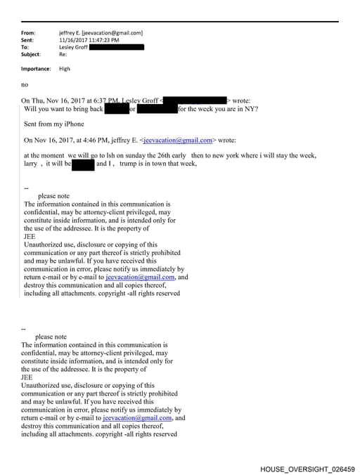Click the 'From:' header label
pyautogui.click(x=28, y=33)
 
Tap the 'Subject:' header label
pyautogui.click(x=31, y=54)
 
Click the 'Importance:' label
pyautogui.click(x=36, y=69)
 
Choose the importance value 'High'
pyautogui.click(x=65, y=69)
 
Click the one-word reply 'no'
pyautogui.click(x=25, y=84)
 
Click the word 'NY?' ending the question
pyautogui.click(x=250, y=109)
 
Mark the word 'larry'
pyautogui.click(x=31, y=164)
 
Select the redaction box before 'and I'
pyautogui.click(x=83, y=164)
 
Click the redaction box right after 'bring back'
pyautogui.click(x=116, y=109)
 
